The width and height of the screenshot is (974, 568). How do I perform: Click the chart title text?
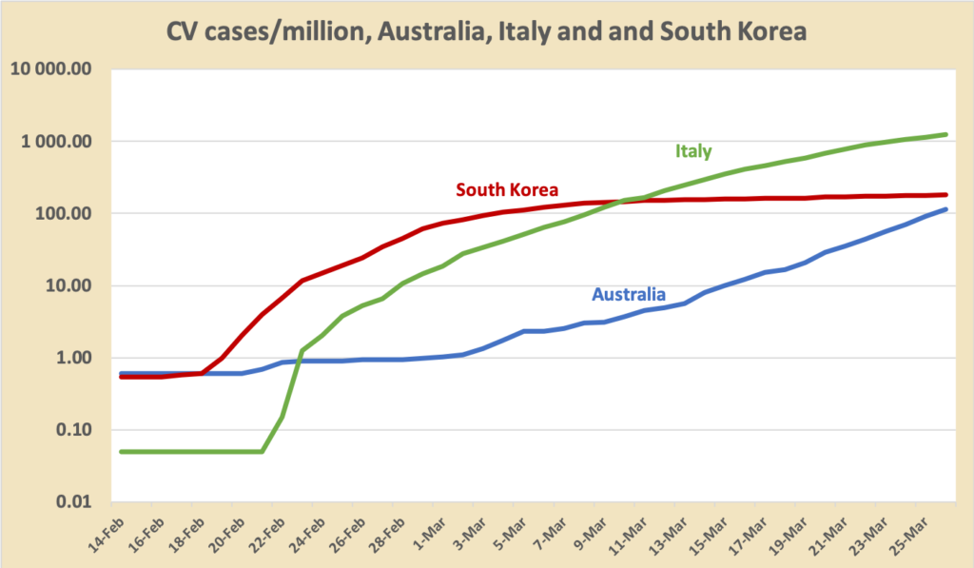[486, 30]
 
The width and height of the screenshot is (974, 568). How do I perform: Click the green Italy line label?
[693, 150]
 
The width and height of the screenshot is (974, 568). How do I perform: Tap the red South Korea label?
[507, 188]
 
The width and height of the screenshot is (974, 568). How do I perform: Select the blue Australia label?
[629, 294]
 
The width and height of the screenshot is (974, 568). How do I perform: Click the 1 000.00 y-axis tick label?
[61, 142]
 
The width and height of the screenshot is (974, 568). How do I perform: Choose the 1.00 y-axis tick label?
[79, 359]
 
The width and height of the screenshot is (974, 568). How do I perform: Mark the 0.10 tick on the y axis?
[79, 430]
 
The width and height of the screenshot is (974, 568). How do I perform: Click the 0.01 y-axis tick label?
[79, 502]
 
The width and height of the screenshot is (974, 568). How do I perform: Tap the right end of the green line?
[945, 134]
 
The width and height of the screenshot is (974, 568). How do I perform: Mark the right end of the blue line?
[945, 209]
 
